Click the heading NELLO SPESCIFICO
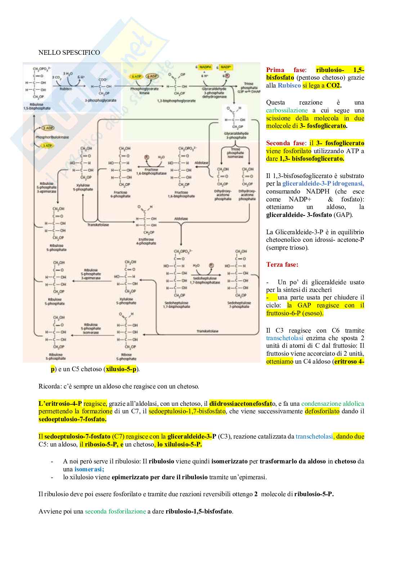[x=69, y=53]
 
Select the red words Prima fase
[x=286, y=70]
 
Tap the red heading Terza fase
[x=282, y=265]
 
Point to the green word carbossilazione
[x=287, y=110]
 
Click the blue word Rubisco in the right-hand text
[x=289, y=85]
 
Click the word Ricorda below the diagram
[x=49, y=386]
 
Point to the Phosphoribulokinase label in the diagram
[x=52, y=137]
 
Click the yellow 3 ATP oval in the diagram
[x=47, y=146]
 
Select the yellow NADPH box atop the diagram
[x=205, y=67]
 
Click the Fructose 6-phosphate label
[x=120, y=194]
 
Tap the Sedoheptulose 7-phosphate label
[x=239, y=305]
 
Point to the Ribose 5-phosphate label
[x=126, y=357]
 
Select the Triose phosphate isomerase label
[x=235, y=153]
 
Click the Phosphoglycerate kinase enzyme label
[x=144, y=91]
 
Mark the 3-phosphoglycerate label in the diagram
[x=100, y=101]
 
